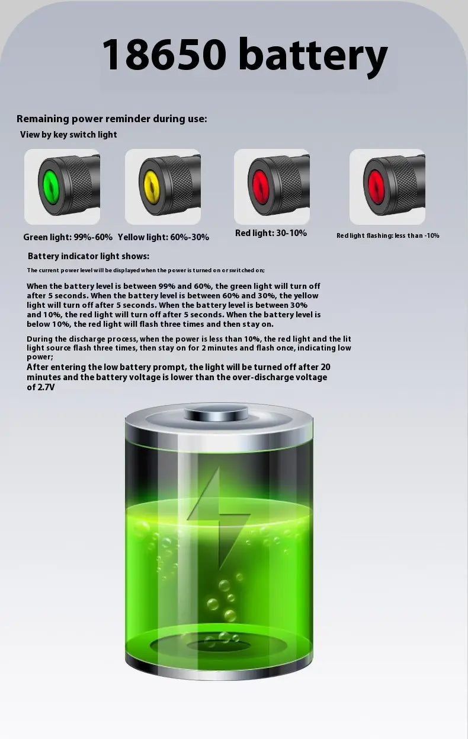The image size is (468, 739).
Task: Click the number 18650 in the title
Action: [x=164, y=54]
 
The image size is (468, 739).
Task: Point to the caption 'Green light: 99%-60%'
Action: [x=68, y=237]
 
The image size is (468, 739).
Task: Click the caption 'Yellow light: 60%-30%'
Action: [x=164, y=237]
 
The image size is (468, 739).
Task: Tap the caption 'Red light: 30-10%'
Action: [x=271, y=233]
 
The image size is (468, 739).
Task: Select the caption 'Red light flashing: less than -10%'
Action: [x=388, y=235]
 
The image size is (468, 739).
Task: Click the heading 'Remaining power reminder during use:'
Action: [x=112, y=119]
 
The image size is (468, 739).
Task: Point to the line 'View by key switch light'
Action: [x=69, y=135]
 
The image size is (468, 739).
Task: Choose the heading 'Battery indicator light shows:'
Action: [x=88, y=256]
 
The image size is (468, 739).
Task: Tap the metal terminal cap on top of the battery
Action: [x=216, y=412]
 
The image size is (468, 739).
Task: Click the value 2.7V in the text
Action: [x=46, y=387]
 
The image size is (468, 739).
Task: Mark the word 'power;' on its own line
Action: [x=40, y=357]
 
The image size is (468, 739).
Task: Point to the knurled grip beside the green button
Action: [x=79, y=185]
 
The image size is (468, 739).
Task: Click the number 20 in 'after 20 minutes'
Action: [x=325, y=367]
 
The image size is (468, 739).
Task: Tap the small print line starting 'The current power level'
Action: [x=146, y=270]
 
